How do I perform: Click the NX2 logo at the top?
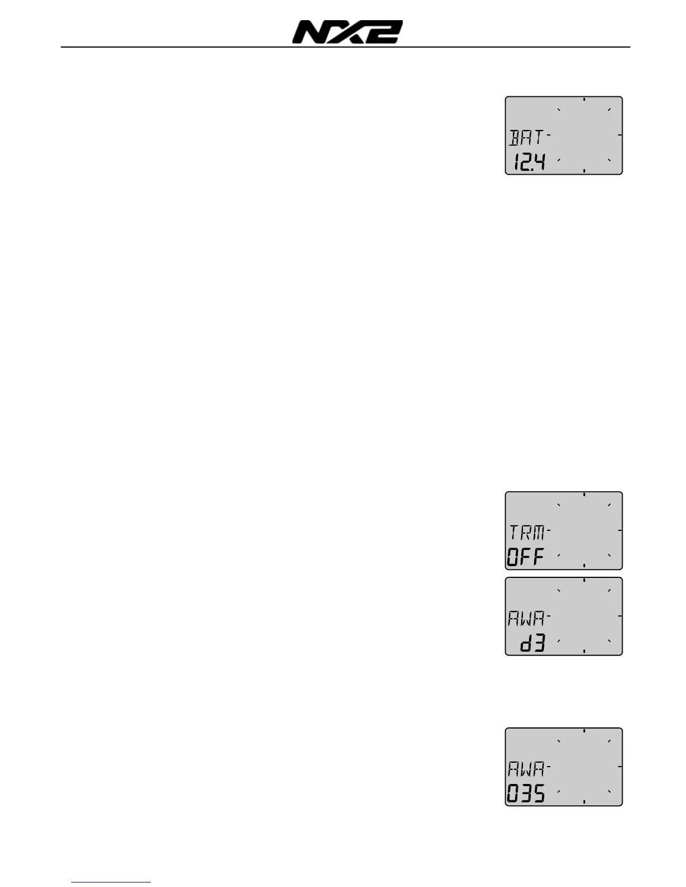[x=347, y=32]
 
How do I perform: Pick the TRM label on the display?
[x=527, y=532]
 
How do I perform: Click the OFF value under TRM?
[x=526, y=557]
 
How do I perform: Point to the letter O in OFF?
[x=513, y=557]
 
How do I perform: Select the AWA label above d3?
[x=526, y=618]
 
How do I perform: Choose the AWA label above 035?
[x=526, y=769]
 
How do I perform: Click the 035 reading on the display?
[x=526, y=794]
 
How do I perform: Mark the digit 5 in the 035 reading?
[x=539, y=794]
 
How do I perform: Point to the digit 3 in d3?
[x=539, y=644]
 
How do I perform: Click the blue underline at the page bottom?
[x=112, y=882]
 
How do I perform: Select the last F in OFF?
[x=539, y=557]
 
